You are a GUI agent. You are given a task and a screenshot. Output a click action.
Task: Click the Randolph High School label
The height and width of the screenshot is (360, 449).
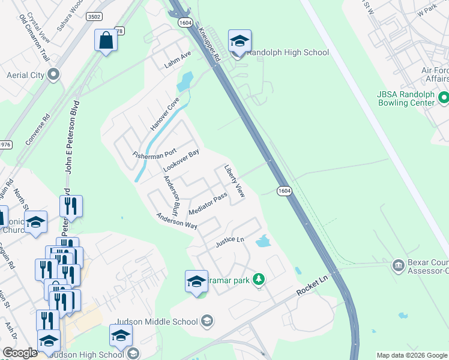pyautogui.click(x=288, y=52)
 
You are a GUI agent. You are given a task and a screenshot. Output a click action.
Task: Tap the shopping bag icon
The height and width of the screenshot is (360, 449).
pyautogui.click(x=106, y=41)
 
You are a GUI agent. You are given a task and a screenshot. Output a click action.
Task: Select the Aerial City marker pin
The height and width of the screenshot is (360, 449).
pyautogui.click(x=53, y=75)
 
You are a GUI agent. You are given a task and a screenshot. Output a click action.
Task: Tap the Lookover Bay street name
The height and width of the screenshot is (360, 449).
pyautogui.click(x=181, y=159)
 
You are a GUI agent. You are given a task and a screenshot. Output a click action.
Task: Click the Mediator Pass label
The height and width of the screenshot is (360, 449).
pyautogui.click(x=207, y=205)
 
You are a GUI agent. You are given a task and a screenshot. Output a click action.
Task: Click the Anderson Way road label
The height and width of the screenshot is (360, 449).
pyautogui.click(x=177, y=221)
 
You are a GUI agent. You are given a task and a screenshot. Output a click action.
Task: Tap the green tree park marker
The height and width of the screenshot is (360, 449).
pyautogui.click(x=259, y=279)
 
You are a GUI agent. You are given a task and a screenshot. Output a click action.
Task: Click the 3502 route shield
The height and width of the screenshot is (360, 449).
pyautogui.click(x=94, y=17)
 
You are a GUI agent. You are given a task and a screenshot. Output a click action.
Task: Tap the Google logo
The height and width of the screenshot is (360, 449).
pyautogui.click(x=20, y=353)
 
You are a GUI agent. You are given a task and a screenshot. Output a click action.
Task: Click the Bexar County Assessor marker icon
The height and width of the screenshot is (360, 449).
pyautogui.click(x=397, y=265)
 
